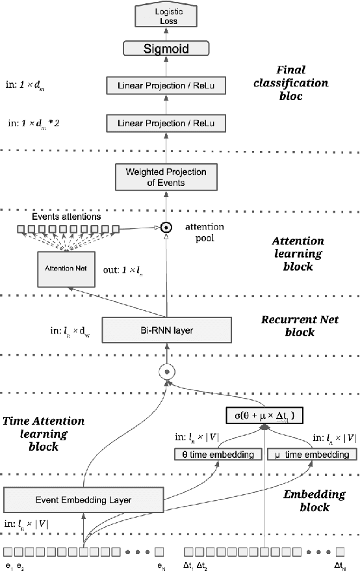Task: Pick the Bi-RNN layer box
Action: (167, 330)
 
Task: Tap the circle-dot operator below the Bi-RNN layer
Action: (168, 373)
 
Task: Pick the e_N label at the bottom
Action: (162, 564)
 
